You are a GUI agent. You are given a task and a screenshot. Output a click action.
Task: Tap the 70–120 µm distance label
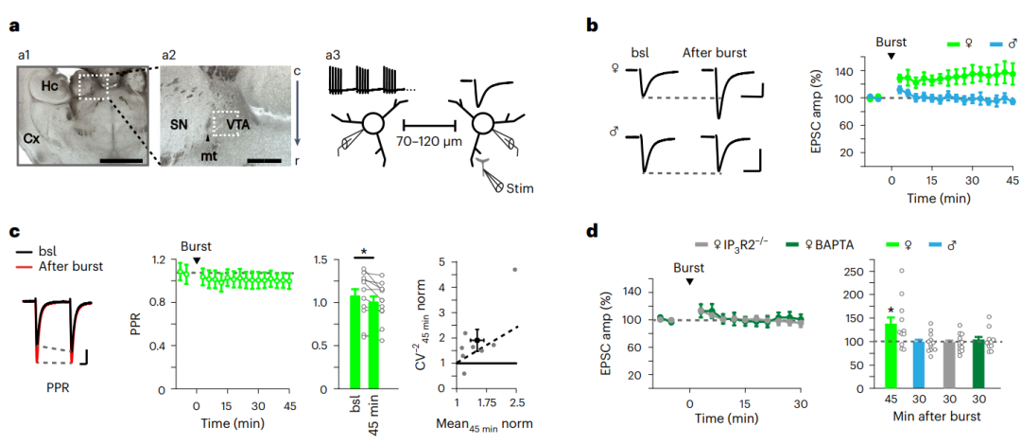(430, 147)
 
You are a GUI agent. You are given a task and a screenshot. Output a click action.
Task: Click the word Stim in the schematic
(520, 188)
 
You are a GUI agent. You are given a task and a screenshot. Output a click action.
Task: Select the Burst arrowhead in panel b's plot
(891, 57)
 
